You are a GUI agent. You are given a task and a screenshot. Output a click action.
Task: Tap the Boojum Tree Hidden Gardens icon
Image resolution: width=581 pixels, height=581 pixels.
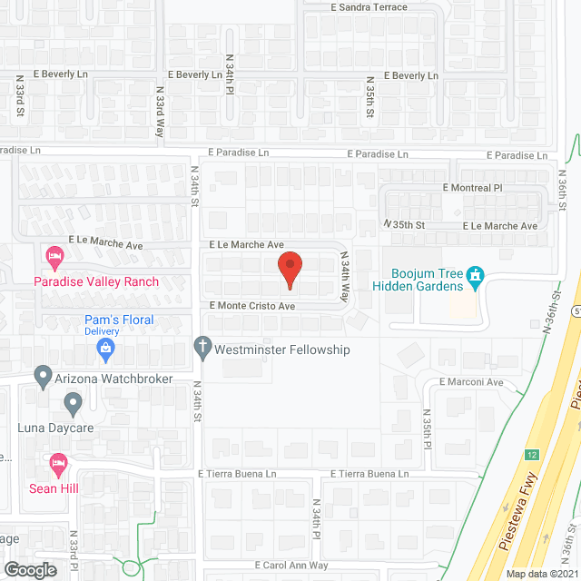(x=473, y=274)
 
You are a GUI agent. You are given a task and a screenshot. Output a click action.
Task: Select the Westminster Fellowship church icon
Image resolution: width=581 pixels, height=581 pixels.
(x=203, y=348)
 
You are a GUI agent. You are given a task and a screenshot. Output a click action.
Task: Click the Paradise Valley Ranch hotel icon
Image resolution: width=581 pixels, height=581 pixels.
(x=54, y=257)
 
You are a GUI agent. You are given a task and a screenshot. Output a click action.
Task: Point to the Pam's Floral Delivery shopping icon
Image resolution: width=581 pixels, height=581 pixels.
(x=107, y=346)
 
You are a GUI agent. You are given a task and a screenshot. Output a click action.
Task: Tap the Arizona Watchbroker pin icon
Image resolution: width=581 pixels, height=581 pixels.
(x=42, y=375)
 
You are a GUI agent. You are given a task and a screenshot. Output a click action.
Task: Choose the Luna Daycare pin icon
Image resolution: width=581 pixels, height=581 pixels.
(x=73, y=401)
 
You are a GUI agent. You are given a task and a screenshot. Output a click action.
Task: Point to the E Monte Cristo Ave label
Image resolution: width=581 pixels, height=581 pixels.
(x=253, y=307)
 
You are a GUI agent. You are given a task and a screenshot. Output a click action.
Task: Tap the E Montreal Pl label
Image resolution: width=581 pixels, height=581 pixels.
(x=472, y=188)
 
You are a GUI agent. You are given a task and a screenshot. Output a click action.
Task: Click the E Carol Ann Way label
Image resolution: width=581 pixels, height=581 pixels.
(x=291, y=565)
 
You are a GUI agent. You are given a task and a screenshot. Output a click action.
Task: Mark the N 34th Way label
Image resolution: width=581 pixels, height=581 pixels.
(x=345, y=277)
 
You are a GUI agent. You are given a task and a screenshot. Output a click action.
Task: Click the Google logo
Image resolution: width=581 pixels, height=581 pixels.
(x=30, y=570)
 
